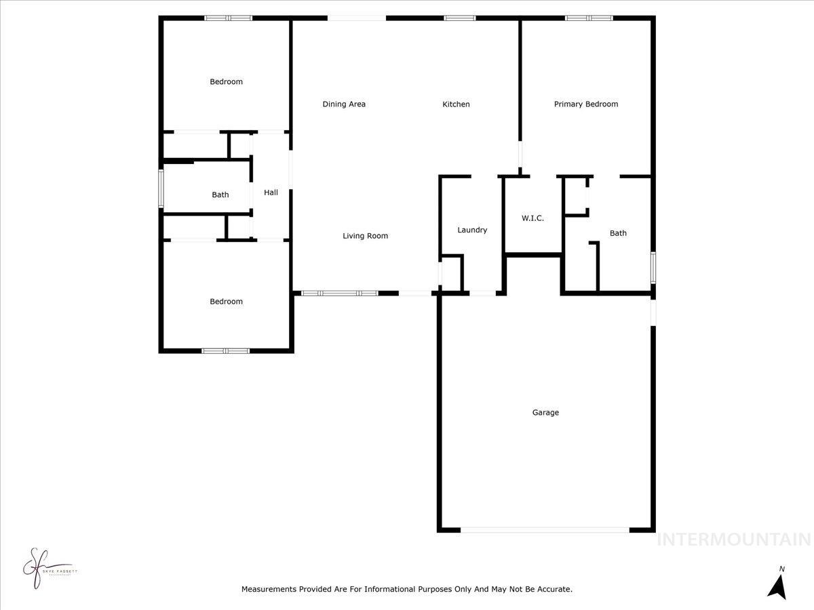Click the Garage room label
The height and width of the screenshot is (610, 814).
[545, 412]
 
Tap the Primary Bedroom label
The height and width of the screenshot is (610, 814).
[586, 104]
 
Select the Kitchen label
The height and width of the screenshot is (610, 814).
[456, 104]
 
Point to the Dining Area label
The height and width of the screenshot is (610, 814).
[344, 104]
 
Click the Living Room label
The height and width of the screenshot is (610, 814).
[365, 236]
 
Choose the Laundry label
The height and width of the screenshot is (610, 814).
[472, 230]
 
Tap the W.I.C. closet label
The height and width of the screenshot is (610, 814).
[532, 218]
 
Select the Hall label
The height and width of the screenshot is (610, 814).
[271, 192]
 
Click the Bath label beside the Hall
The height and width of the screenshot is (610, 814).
[220, 195]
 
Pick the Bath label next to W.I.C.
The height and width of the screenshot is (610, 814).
[618, 233]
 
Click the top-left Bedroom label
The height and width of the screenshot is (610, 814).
[226, 81]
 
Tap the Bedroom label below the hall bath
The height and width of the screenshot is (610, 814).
[226, 302]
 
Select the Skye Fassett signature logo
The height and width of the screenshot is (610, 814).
[44, 568]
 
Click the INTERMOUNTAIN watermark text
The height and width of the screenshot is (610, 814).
[734, 540]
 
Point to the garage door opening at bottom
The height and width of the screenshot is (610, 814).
[545, 529]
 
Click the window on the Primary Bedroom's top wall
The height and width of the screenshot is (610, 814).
[589, 18]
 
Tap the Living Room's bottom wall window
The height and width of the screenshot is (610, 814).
[339, 293]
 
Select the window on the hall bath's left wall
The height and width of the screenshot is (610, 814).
[161, 188]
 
